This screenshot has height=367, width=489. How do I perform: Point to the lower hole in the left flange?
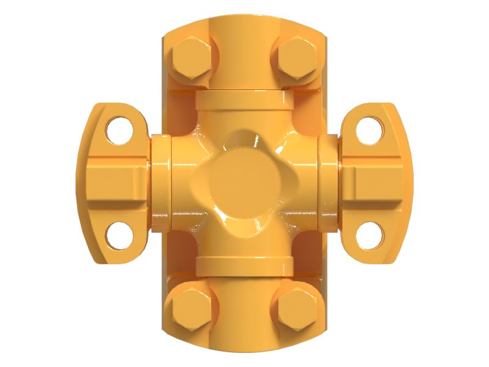[118, 235]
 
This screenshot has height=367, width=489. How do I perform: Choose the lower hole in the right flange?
[370, 235]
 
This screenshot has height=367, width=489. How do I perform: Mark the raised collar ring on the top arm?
[244, 99]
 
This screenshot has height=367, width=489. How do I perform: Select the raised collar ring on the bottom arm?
[244, 265]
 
